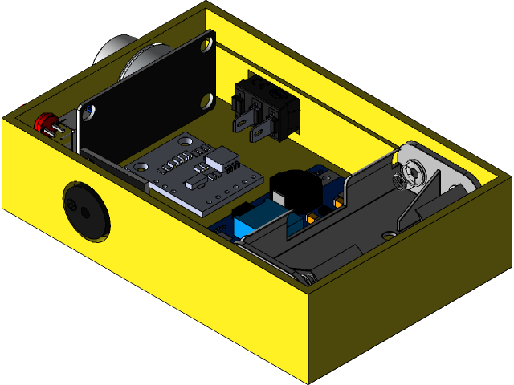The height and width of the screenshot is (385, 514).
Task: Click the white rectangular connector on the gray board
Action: point(222,160)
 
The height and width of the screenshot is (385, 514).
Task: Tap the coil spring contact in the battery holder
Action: point(415,172)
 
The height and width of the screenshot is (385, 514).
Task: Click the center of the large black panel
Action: point(149,101)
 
